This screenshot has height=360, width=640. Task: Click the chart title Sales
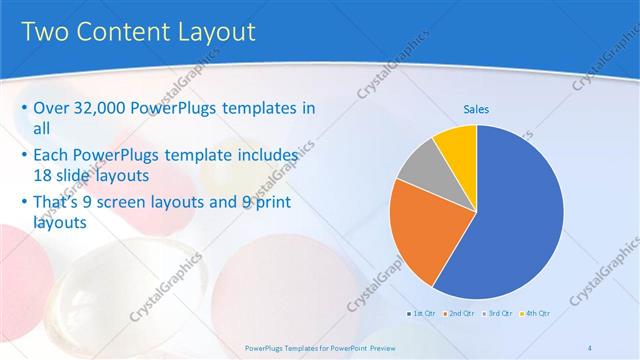(475, 109)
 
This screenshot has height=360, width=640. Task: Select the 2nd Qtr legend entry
(460, 314)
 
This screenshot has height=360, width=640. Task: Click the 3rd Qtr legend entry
(498, 314)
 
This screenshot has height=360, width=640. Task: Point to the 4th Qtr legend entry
(536, 314)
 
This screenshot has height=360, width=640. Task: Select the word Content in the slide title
(119, 32)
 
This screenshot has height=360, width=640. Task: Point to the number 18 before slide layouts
(43, 174)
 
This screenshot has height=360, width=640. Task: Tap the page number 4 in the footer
(590, 347)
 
